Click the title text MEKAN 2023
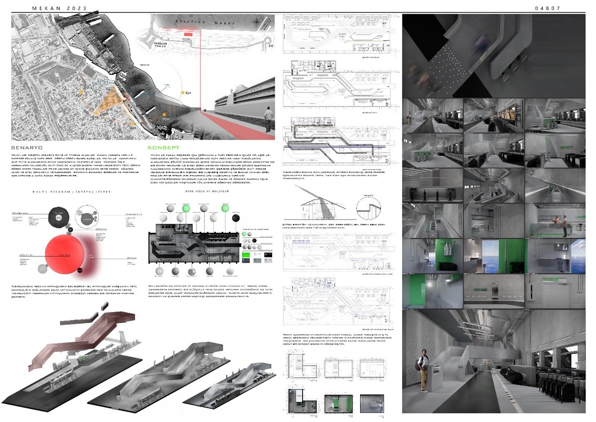(59, 8)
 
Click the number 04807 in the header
(548, 8)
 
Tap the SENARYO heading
(28, 148)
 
